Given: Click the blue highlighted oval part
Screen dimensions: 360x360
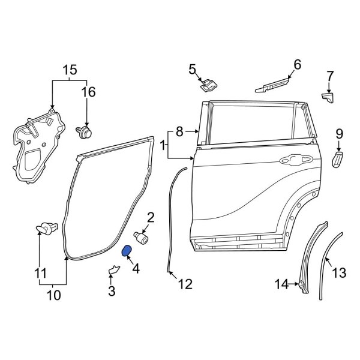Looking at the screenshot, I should (127, 251).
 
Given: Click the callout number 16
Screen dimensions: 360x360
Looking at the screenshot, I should (88, 92).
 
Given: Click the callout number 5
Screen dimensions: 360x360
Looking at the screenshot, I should (192, 69).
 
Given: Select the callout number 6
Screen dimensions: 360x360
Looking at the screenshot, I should (296, 64).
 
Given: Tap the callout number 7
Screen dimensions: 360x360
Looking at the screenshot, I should (329, 76).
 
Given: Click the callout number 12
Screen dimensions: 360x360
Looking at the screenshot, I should (185, 284).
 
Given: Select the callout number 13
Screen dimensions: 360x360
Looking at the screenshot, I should (339, 273).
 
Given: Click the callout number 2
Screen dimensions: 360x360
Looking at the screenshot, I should (151, 217).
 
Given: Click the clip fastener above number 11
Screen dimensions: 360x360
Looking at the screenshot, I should (45, 227).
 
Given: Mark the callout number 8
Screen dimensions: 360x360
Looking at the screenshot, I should (178, 131).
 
